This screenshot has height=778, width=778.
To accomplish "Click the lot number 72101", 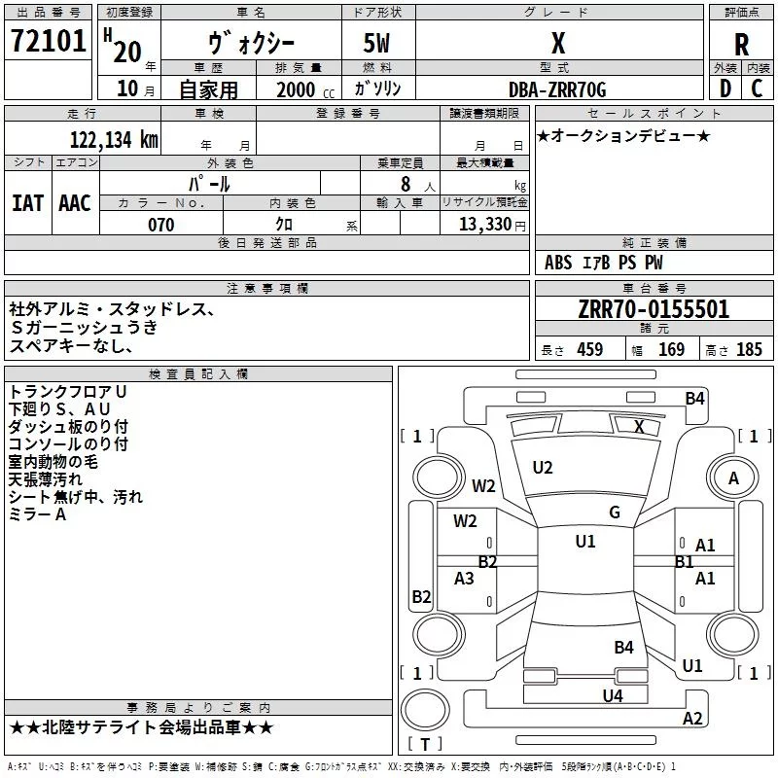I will pyautogui.click(x=48, y=42).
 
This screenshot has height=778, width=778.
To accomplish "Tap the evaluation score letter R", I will pyautogui.click(x=741, y=45).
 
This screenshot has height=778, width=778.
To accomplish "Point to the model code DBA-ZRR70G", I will pyautogui.click(x=557, y=89).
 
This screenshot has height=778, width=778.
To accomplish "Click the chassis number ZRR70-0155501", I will pyautogui.click(x=653, y=309).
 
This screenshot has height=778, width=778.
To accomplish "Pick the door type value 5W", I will pyautogui.click(x=378, y=45).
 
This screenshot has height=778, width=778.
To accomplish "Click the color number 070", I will pyautogui.click(x=160, y=226).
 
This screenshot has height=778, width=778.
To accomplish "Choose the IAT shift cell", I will pyautogui.click(x=27, y=203).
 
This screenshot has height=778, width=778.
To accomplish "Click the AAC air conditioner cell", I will pyautogui.click(x=74, y=203).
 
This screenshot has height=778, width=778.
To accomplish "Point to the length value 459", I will pyautogui.click(x=589, y=350).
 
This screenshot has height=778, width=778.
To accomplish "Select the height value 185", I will pyautogui.click(x=749, y=350).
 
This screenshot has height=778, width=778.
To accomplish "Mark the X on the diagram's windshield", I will pyautogui.click(x=639, y=426).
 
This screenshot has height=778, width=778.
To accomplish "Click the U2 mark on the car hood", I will pyautogui.click(x=543, y=468).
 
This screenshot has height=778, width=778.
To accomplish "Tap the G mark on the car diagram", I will pyautogui.click(x=615, y=513).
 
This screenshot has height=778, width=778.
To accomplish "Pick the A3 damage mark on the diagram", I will pyautogui.click(x=465, y=579).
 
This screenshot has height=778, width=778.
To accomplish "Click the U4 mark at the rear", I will pyautogui.click(x=612, y=695).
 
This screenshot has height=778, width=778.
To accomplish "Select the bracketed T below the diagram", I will pyautogui.click(x=425, y=745).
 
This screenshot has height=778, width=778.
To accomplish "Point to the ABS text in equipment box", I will pyautogui.click(x=558, y=263).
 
